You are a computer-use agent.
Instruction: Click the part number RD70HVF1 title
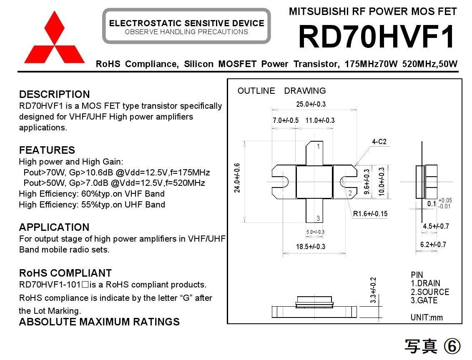pyautogui.click(x=377, y=37)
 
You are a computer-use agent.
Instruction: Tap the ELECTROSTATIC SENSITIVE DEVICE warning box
pyautogui.click(x=186, y=26)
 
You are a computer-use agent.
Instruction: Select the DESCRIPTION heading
pyautogui.click(x=54, y=94)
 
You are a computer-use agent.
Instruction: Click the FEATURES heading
pyautogui.click(x=47, y=150)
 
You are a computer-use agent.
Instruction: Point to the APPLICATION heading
pyautogui.click(x=54, y=227)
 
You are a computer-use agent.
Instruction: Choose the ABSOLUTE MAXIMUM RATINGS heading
pyautogui.click(x=99, y=322)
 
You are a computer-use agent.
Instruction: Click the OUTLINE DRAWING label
pyautogui.click(x=281, y=91)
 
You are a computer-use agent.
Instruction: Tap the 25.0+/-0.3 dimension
pyautogui.click(x=311, y=104)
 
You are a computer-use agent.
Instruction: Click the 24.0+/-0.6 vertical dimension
pyautogui.click(x=237, y=177)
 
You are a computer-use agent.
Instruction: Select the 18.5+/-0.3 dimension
pyautogui.click(x=311, y=246)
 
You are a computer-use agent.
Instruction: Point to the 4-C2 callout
pyautogui.click(x=379, y=142)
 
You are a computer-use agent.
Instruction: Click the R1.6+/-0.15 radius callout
pyautogui.click(x=370, y=214)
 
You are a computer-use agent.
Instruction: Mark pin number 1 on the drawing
pyautogui.click(x=318, y=146)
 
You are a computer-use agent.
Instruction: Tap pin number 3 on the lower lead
pyautogui.click(x=318, y=218)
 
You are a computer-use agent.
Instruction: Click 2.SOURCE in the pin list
pyautogui.click(x=430, y=292)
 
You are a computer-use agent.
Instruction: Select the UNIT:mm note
pyautogui.click(x=427, y=317)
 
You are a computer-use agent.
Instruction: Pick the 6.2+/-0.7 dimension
pyautogui.click(x=433, y=245)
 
